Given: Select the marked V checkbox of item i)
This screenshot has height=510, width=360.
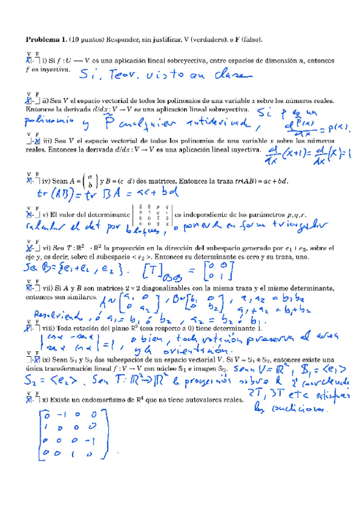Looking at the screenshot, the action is (x=28, y=60).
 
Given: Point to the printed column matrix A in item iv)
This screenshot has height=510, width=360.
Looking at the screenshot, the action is (x=89, y=179).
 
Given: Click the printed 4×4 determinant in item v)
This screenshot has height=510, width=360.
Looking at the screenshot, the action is (x=153, y=215).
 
